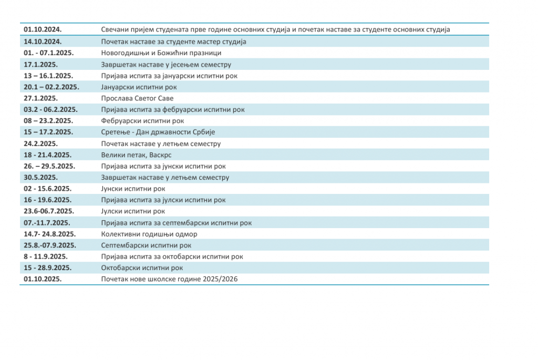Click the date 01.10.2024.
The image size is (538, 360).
43,30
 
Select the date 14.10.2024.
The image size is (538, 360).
43,42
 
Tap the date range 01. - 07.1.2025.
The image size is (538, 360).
49,53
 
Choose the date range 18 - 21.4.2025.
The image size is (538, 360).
48,155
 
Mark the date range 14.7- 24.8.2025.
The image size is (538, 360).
50,234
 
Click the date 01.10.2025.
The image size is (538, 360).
43,279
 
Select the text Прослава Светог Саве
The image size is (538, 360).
137,98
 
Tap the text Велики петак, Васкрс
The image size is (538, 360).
136,155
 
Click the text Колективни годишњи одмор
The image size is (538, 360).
149,234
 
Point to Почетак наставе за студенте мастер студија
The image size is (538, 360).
174,42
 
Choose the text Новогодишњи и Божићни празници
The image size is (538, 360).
161,53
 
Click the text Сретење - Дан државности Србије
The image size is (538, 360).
158,132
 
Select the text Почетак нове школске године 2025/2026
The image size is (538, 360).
169,279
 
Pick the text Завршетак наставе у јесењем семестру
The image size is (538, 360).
166,65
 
